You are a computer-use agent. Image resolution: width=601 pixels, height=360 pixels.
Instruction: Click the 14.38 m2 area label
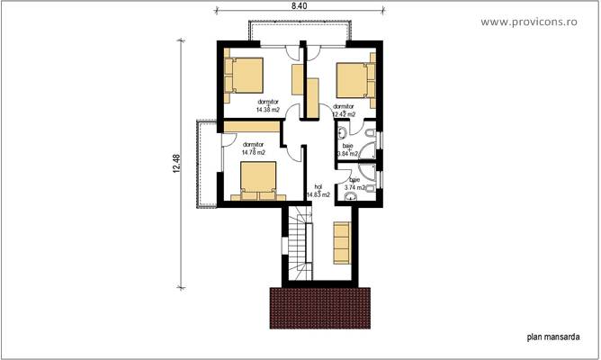268,111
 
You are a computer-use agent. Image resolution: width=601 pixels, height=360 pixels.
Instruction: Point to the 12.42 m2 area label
344,114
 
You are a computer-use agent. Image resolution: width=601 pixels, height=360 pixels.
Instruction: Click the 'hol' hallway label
318,186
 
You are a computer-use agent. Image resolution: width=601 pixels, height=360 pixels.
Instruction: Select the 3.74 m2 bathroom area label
357,187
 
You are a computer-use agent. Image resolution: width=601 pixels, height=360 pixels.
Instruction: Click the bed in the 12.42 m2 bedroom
355,78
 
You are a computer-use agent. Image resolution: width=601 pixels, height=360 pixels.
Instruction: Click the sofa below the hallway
342,240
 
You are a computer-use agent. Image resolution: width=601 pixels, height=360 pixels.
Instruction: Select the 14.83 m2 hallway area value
318,194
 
